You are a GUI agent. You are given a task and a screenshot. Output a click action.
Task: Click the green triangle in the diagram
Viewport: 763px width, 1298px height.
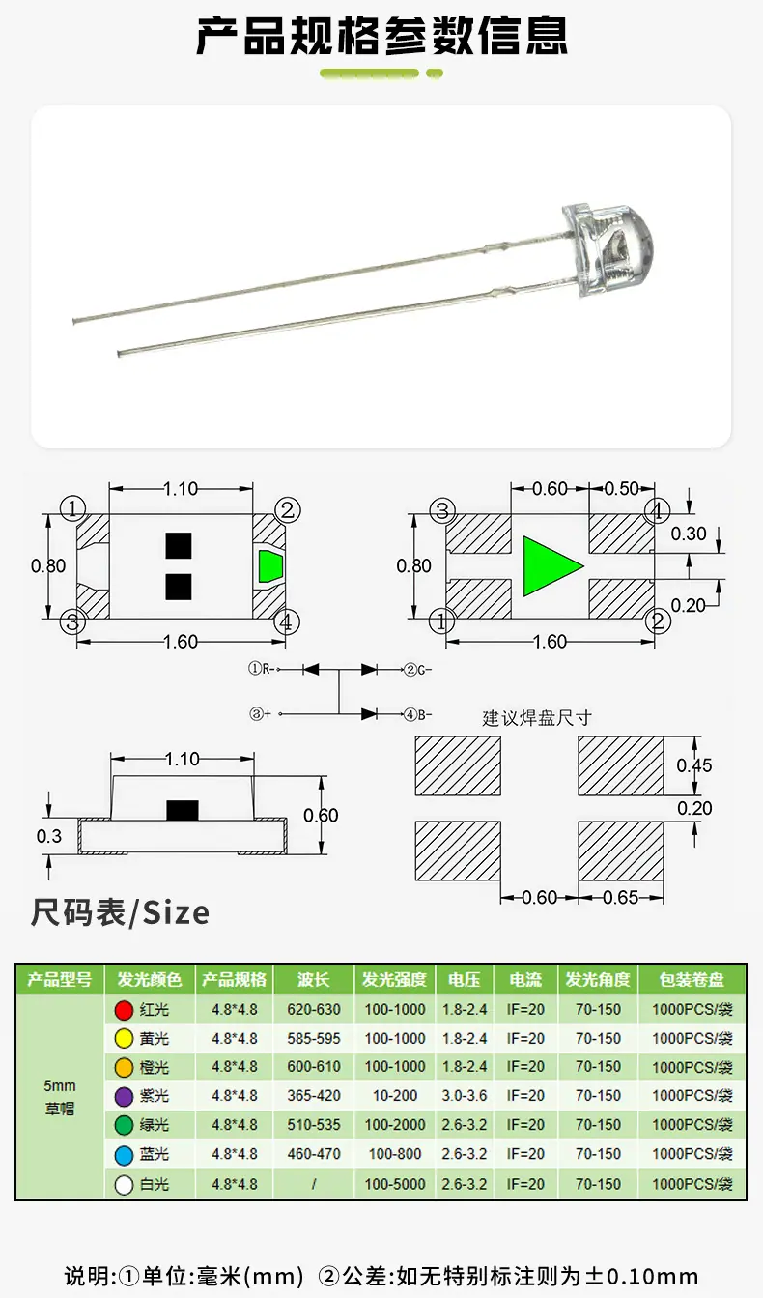pos(548,566)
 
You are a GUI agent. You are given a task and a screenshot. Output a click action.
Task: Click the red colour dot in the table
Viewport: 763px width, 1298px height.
pos(124,1010)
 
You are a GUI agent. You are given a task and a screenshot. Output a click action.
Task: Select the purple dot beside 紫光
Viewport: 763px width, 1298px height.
pos(124,1096)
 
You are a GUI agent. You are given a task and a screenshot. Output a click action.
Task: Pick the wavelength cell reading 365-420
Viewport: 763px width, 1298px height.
pos(314,1096)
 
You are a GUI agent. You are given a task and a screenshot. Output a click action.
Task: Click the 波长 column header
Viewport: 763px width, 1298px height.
pos(314,979)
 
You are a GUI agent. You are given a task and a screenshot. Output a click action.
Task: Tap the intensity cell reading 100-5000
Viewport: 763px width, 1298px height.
pos(395,1184)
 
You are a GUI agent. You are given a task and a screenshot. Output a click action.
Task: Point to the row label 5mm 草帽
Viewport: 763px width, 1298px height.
pos(60,1097)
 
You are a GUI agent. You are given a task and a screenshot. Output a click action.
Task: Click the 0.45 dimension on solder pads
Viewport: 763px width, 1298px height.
pos(694,765)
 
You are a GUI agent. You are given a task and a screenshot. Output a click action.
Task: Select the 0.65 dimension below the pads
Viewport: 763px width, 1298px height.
pos(621,898)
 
